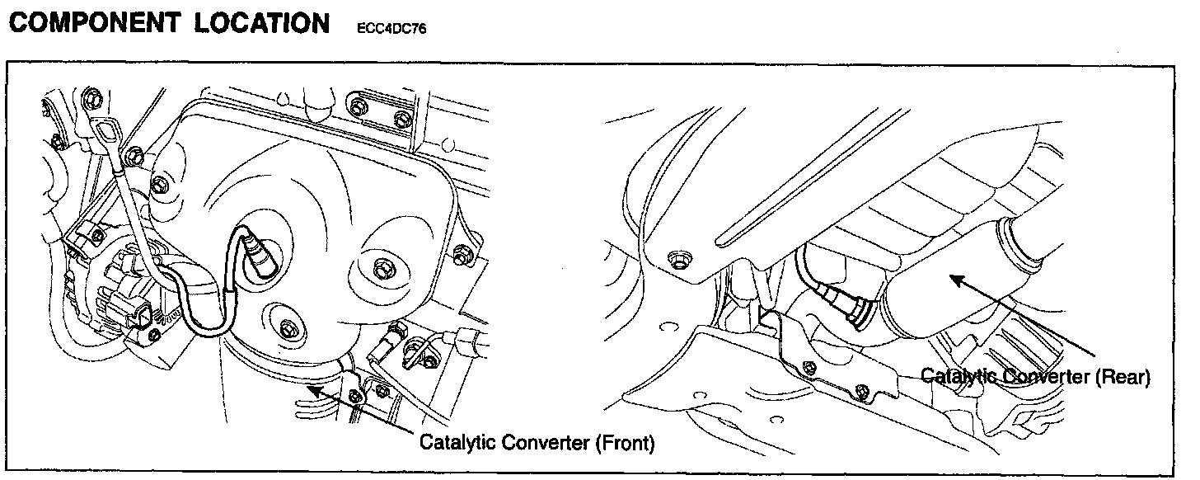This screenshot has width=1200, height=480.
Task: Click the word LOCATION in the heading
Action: point(262,23)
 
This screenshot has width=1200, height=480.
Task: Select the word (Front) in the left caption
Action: point(624,443)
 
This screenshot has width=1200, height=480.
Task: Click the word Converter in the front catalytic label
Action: point(545,443)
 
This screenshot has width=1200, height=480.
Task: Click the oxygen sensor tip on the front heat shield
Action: point(262,261)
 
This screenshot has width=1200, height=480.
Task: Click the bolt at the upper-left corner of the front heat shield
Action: point(160,183)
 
